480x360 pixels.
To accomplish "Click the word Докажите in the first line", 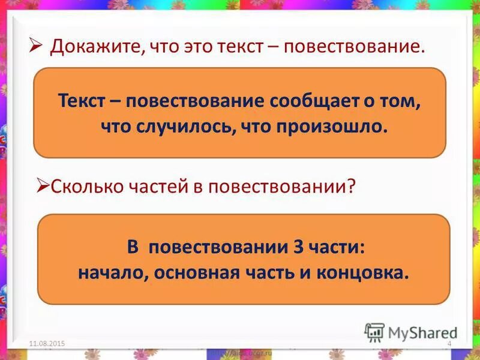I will click(94, 47).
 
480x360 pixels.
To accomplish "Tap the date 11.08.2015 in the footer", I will click(47, 343).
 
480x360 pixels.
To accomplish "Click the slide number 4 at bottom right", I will click(449, 343).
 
